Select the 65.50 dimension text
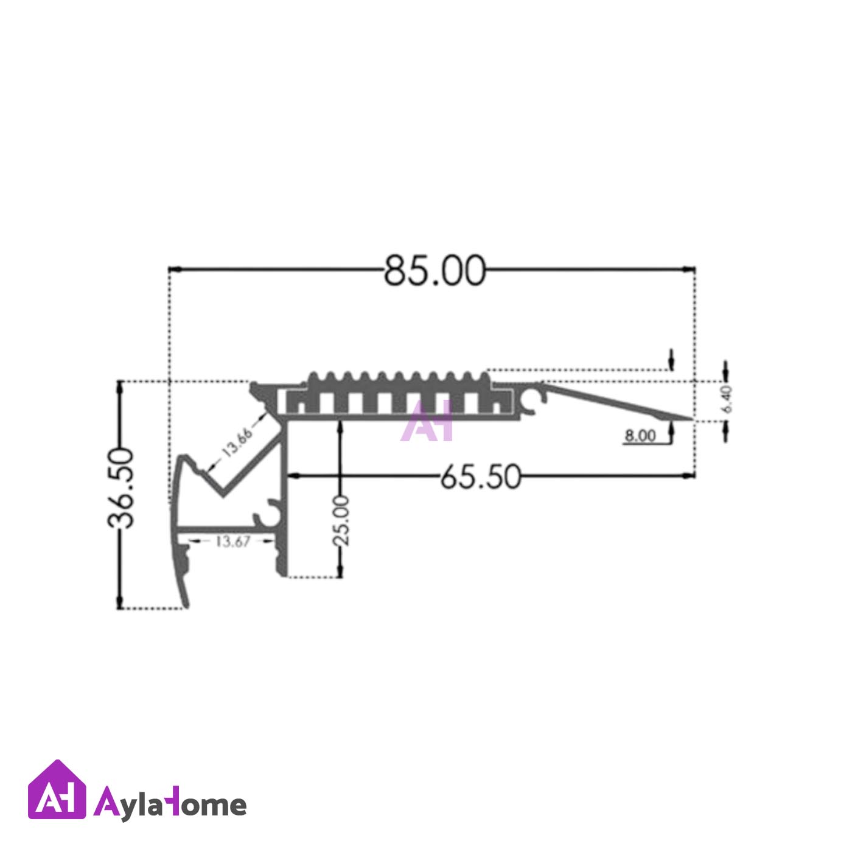(x=480, y=477)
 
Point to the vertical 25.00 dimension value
(x=341, y=521)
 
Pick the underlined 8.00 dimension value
(x=640, y=436)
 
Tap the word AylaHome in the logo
(x=170, y=805)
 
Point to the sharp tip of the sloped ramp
(x=693, y=419)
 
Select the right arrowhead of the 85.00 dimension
(x=689, y=268)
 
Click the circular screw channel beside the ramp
(x=535, y=398)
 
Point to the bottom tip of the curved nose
(x=184, y=606)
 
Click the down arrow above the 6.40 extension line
(x=671, y=364)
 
